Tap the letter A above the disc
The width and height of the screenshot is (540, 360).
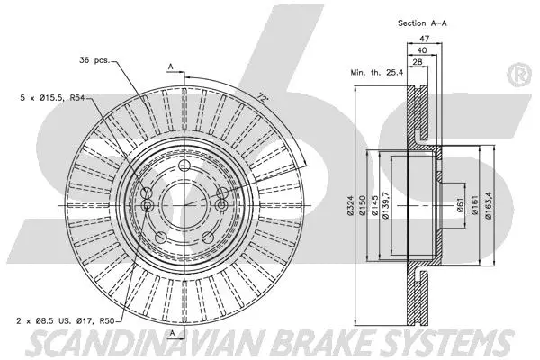point(171,67)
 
